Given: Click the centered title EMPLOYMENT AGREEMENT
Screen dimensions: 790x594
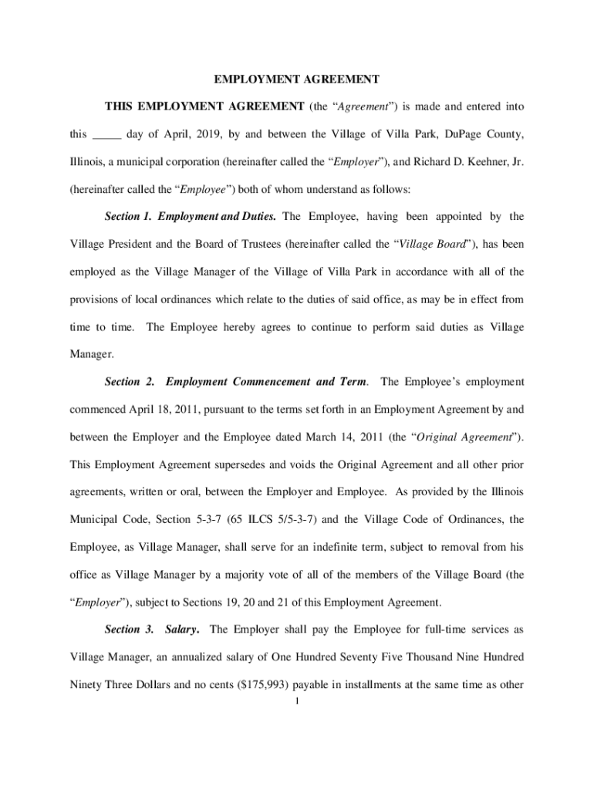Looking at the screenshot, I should coord(296,79).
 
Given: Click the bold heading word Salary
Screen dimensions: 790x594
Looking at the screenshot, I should coord(184,630).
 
